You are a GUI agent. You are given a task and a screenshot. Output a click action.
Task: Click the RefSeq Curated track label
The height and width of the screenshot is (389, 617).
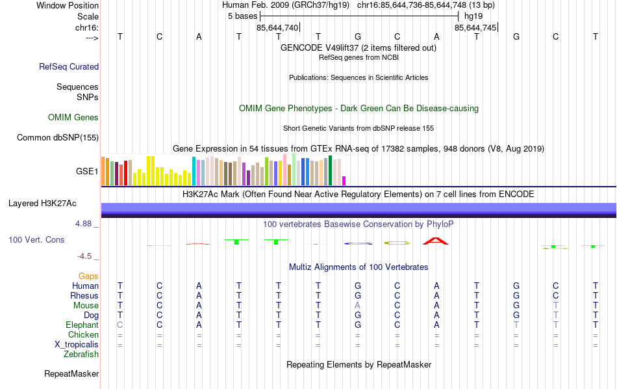(x=69, y=66)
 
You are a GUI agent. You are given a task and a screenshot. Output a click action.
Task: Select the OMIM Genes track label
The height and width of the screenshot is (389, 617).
(x=73, y=118)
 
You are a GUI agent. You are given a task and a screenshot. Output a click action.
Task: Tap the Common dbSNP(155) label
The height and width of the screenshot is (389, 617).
(x=58, y=137)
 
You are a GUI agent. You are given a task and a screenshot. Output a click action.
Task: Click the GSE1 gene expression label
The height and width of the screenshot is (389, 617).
(x=87, y=172)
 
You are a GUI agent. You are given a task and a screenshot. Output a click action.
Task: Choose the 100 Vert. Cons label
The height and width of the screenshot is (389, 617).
(x=36, y=240)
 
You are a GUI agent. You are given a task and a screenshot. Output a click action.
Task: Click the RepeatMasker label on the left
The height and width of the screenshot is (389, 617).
(x=71, y=374)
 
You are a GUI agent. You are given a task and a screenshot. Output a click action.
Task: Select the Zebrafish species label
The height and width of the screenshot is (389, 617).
(x=81, y=355)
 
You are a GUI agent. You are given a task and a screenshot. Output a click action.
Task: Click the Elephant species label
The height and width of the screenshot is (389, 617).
(x=82, y=325)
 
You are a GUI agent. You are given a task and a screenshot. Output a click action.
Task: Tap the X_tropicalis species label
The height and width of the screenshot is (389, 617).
(x=77, y=345)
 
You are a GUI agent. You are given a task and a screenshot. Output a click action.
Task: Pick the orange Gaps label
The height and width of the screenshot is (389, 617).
(x=88, y=276)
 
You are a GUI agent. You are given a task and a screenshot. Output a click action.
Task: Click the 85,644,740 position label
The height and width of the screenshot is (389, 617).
(x=277, y=28)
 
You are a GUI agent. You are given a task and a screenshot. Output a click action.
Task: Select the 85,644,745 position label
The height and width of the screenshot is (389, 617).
(x=475, y=28)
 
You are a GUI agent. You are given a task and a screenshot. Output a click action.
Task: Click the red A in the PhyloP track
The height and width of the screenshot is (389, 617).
(x=436, y=241)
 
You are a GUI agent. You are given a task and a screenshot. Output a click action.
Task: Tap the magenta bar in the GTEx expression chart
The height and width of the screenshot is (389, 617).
(x=344, y=180)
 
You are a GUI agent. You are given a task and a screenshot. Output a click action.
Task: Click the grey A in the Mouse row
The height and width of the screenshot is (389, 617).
(x=357, y=306)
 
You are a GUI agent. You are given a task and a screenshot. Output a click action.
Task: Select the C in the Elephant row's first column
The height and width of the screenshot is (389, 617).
(x=120, y=325)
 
